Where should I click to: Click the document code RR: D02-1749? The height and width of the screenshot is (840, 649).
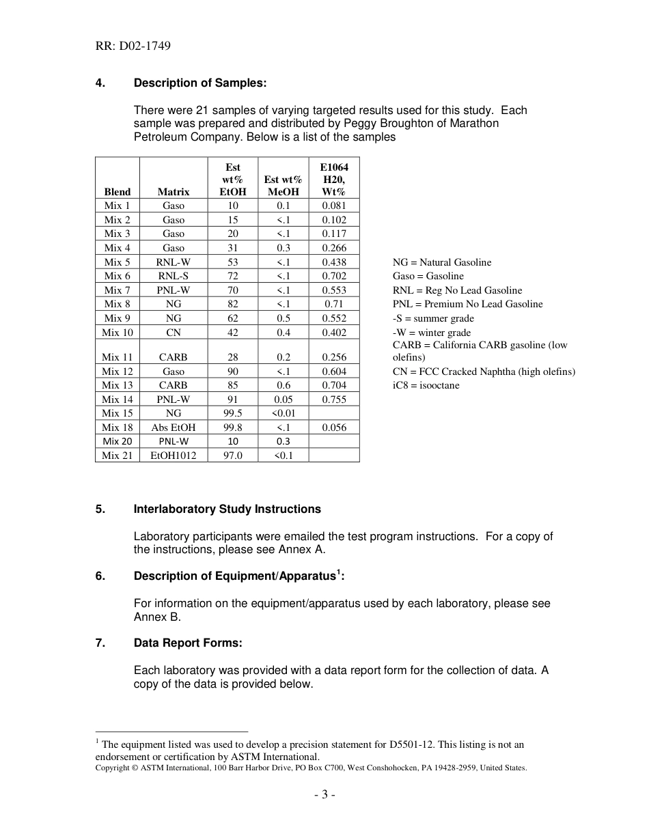pos(133,46)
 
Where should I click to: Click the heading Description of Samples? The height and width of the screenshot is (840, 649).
pos(199,83)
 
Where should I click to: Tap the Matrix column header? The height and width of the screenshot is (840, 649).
pos(174,192)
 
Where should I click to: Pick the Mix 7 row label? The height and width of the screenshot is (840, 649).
pos(117,290)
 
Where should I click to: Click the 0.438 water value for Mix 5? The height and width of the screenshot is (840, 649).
pos(334,262)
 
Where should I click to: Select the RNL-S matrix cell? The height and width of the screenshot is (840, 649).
pos(174,276)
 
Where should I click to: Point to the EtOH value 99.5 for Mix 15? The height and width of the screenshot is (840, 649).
pos(232,413)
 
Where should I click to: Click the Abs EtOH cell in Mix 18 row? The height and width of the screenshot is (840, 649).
pos(174,428)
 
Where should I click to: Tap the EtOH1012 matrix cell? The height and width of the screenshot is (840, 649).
pos(174,456)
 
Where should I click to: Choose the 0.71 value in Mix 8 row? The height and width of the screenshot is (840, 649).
pos(334,304)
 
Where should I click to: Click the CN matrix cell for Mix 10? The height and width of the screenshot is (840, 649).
pos(174,333)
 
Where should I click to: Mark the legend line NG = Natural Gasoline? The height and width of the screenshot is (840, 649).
pos(441,262)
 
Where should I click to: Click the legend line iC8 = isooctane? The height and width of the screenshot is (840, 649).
pos(426,385)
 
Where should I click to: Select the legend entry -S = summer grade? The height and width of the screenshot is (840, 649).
pos(433,318)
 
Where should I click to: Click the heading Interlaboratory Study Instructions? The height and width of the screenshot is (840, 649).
pos(227,509)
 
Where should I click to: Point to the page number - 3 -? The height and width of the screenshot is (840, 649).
pos(324,795)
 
